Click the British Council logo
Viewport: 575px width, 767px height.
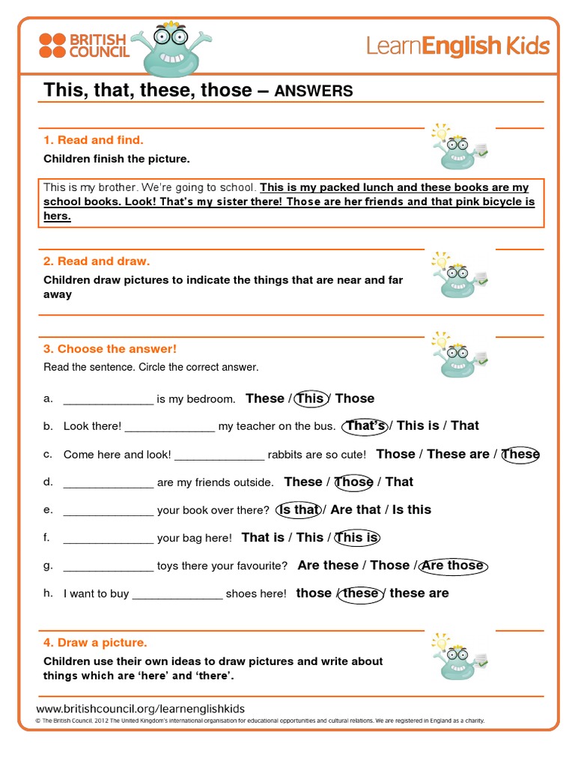(x=84, y=45)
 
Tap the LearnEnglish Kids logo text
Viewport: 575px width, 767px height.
(x=457, y=46)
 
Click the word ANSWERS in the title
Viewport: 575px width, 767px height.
(x=314, y=91)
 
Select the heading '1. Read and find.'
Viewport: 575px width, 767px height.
(x=93, y=140)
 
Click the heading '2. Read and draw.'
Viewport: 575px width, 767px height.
(x=97, y=261)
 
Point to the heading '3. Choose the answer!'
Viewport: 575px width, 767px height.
(x=110, y=349)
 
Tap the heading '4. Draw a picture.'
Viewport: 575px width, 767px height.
(x=95, y=643)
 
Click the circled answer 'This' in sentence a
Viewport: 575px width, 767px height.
(x=310, y=398)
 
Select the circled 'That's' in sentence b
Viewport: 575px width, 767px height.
(x=365, y=425)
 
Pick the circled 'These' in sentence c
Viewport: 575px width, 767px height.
(x=520, y=454)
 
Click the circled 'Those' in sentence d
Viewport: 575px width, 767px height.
(x=353, y=482)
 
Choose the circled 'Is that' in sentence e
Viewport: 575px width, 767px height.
(x=298, y=509)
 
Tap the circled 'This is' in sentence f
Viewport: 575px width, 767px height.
(x=357, y=537)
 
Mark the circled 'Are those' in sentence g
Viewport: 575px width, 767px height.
(x=453, y=566)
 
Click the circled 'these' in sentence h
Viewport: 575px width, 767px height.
(x=361, y=593)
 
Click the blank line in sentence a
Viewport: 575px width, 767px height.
(x=109, y=400)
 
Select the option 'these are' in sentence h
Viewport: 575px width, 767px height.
(x=419, y=593)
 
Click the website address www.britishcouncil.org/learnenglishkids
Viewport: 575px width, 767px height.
(x=140, y=709)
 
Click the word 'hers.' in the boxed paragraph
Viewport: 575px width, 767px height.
(x=57, y=216)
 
